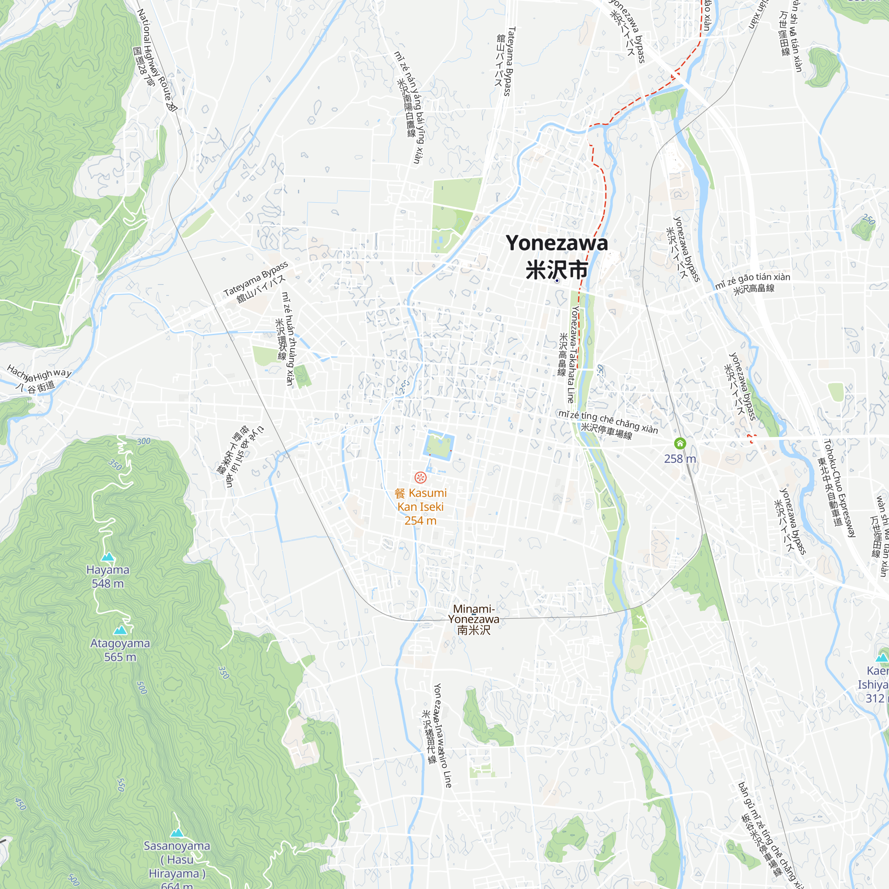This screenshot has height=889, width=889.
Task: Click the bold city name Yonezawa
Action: tap(557, 244)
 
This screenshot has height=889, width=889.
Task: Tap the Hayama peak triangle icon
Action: tap(108, 557)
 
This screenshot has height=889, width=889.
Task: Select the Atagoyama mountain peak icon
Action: tap(120, 630)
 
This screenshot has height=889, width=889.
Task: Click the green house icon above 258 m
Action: tap(680, 444)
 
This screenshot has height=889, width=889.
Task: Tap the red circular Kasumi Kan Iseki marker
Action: tap(420, 477)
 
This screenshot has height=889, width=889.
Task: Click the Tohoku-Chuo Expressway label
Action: tap(839, 488)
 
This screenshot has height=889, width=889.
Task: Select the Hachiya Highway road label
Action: tap(39, 374)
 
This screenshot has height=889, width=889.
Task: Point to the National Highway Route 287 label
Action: tap(156, 60)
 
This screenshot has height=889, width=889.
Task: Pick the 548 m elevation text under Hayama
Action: tap(108, 584)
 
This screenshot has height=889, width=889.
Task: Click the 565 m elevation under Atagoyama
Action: tap(120, 657)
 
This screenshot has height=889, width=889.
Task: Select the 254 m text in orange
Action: tap(420, 521)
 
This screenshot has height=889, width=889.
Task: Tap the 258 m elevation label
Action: tap(680, 459)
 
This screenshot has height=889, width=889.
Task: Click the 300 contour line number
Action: tap(144, 441)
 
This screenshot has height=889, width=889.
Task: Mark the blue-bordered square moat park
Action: tap(439, 445)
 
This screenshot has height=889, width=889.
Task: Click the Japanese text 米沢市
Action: tap(557, 270)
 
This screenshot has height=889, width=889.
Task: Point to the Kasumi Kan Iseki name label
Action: tap(420, 500)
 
